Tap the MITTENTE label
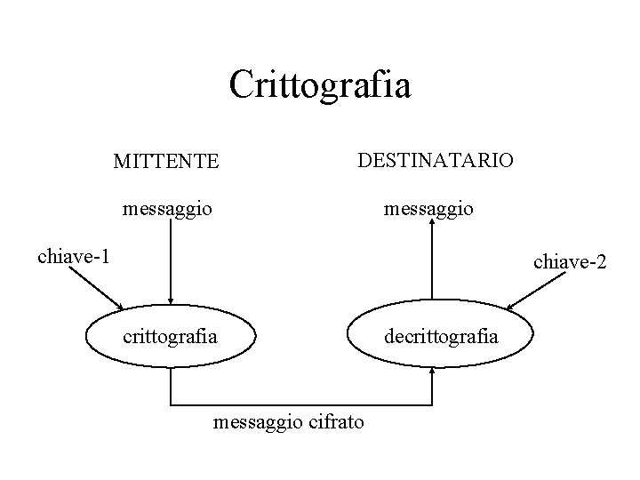(x=166, y=161)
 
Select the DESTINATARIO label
(x=435, y=160)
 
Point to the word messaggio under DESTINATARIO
(x=428, y=210)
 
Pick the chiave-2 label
(x=569, y=261)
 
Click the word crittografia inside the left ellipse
(x=169, y=337)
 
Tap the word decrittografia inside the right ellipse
(x=441, y=337)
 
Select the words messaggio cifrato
(x=289, y=421)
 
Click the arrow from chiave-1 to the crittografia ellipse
(x=96, y=289)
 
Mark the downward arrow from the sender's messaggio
(x=170, y=262)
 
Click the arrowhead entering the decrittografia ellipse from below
(x=432, y=372)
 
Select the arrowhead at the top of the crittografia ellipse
(x=170, y=301)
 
